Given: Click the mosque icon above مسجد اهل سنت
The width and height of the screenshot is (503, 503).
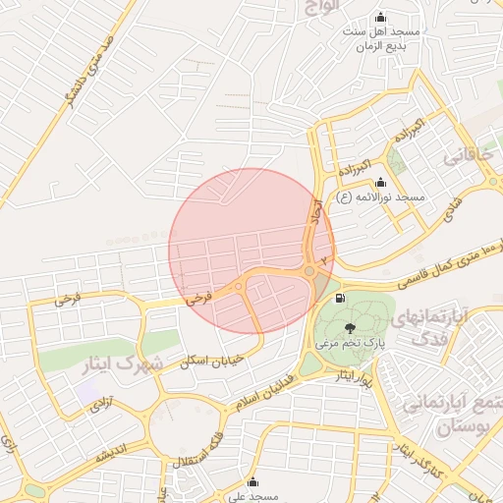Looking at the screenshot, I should pyautogui.click(x=381, y=18).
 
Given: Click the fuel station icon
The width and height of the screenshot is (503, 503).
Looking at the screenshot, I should pyautogui.click(x=340, y=298).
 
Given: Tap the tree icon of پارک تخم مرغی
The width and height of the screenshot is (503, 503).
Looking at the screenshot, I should pyautogui.click(x=351, y=327).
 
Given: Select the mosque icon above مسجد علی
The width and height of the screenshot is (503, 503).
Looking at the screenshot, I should pyautogui.click(x=253, y=482).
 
